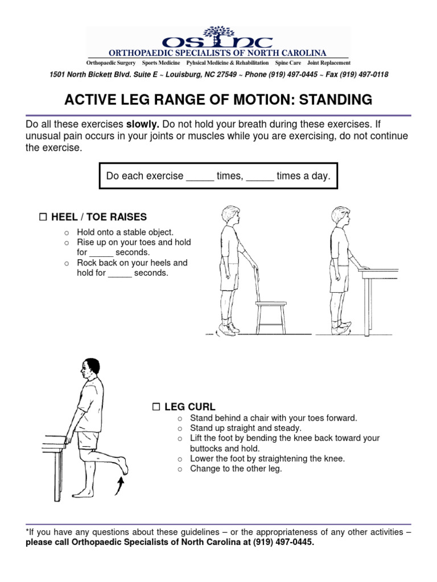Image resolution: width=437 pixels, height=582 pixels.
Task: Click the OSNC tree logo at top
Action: click(218, 38)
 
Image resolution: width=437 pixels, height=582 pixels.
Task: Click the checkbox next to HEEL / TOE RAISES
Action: click(43, 217)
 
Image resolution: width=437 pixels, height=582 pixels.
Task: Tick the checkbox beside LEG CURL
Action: click(156, 406)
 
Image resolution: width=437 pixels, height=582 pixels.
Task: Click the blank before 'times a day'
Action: click(259, 177)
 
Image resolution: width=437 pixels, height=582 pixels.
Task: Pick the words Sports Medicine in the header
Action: click(160, 63)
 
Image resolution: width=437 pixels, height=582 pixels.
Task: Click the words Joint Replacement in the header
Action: click(329, 63)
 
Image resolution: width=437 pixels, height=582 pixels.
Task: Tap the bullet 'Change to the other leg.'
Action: click(236, 469)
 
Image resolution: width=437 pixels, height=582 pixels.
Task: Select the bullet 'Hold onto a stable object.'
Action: click(125, 232)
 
